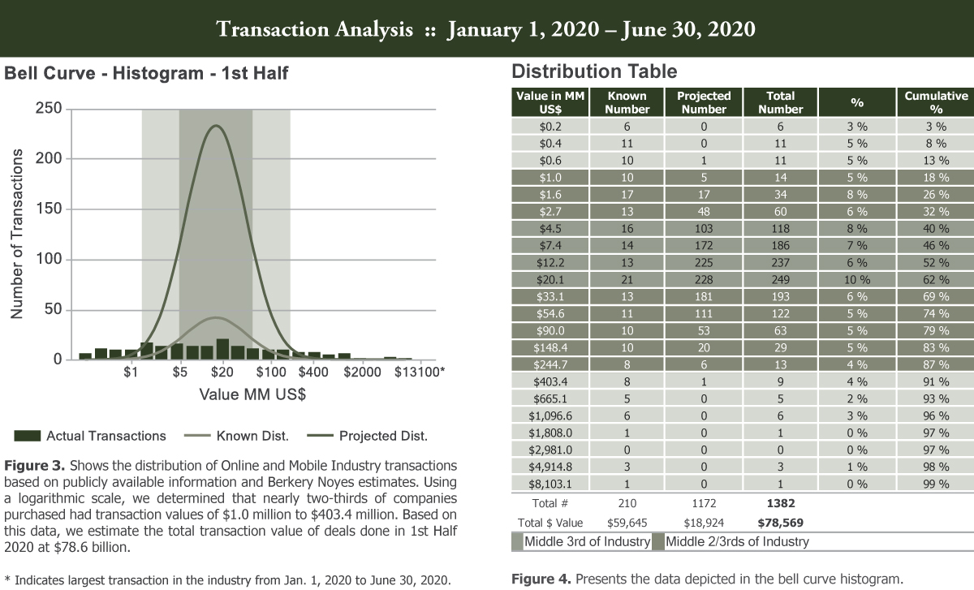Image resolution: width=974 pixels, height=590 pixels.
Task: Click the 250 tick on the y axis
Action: click(x=48, y=110)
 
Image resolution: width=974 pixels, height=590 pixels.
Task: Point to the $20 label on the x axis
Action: click(x=222, y=373)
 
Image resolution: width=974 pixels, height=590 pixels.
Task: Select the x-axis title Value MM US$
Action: click(x=252, y=395)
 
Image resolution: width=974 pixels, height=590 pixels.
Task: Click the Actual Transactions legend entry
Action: click(x=106, y=436)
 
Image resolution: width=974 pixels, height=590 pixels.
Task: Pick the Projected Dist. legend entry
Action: click(x=382, y=436)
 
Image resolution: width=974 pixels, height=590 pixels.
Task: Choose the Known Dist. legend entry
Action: click(x=252, y=436)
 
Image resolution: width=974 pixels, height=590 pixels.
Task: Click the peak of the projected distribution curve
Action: click(x=216, y=126)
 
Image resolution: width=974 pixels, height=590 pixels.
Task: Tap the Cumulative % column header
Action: click(x=936, y=102)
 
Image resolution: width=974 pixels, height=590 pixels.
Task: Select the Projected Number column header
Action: click(x=704, y=102)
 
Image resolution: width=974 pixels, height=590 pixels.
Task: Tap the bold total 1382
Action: click(x=780, y=504)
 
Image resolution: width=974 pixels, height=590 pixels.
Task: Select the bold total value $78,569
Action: click(x=780, y=523)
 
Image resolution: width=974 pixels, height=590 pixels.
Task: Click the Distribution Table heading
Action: click(x=594, y=71)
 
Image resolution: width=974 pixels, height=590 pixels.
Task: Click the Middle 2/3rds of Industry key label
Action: click(x=737, y=541)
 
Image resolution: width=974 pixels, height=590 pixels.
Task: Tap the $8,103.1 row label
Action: click(x=551, y=484)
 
